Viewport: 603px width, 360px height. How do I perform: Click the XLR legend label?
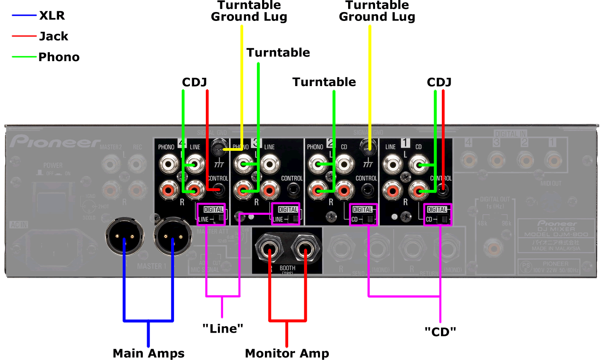pos(52,15)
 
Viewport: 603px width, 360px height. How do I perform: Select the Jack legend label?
pos(53,36)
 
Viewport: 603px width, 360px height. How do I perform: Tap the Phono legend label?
pos(59,57)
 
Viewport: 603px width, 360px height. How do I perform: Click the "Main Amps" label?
pos(148,353)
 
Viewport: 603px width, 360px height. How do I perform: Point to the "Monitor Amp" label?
pos(287,353)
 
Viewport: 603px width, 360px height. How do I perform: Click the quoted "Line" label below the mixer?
pos(223,329)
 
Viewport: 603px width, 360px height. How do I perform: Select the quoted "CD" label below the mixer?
pos(440,332)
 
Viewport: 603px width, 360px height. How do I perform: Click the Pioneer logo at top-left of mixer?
pos(55,142)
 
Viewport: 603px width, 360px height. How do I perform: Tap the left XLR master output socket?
pos(125,237)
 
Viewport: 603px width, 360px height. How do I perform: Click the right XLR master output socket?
pos(173,237)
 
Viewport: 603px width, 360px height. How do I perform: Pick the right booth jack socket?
pos(306,248)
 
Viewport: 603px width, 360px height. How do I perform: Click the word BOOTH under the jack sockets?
pos(287,268)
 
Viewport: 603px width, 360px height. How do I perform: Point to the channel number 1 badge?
pos(405,143)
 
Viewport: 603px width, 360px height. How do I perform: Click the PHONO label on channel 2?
pos(315,147)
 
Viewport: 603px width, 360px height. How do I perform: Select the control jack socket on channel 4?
pos(218,189)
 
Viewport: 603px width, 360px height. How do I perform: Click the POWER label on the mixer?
pos(53,165)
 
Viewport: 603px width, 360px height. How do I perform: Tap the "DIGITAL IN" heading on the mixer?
pos(510,134)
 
